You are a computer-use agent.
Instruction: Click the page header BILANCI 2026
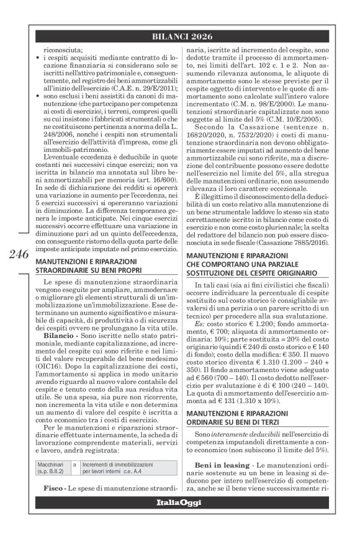pos(179,37)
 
